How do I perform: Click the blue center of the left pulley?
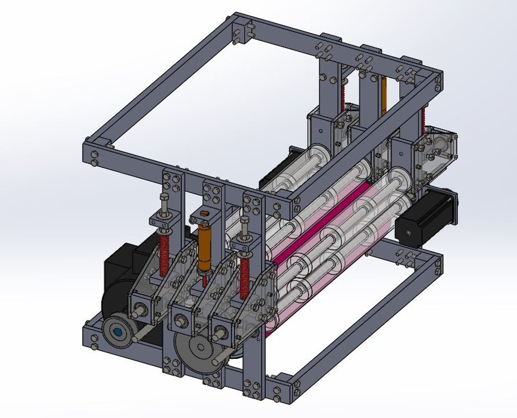click(118, 333)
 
